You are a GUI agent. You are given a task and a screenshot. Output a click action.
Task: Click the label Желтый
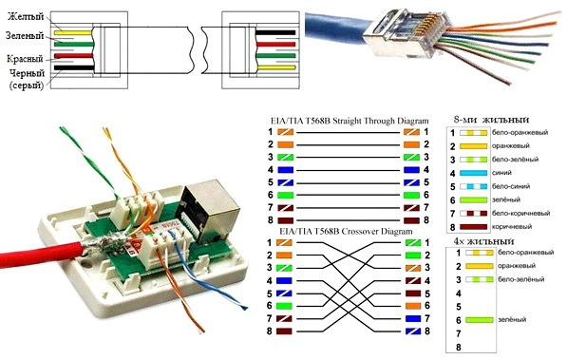(x=26, y=17)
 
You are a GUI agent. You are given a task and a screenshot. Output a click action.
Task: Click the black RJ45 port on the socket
(x=199, y=204)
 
